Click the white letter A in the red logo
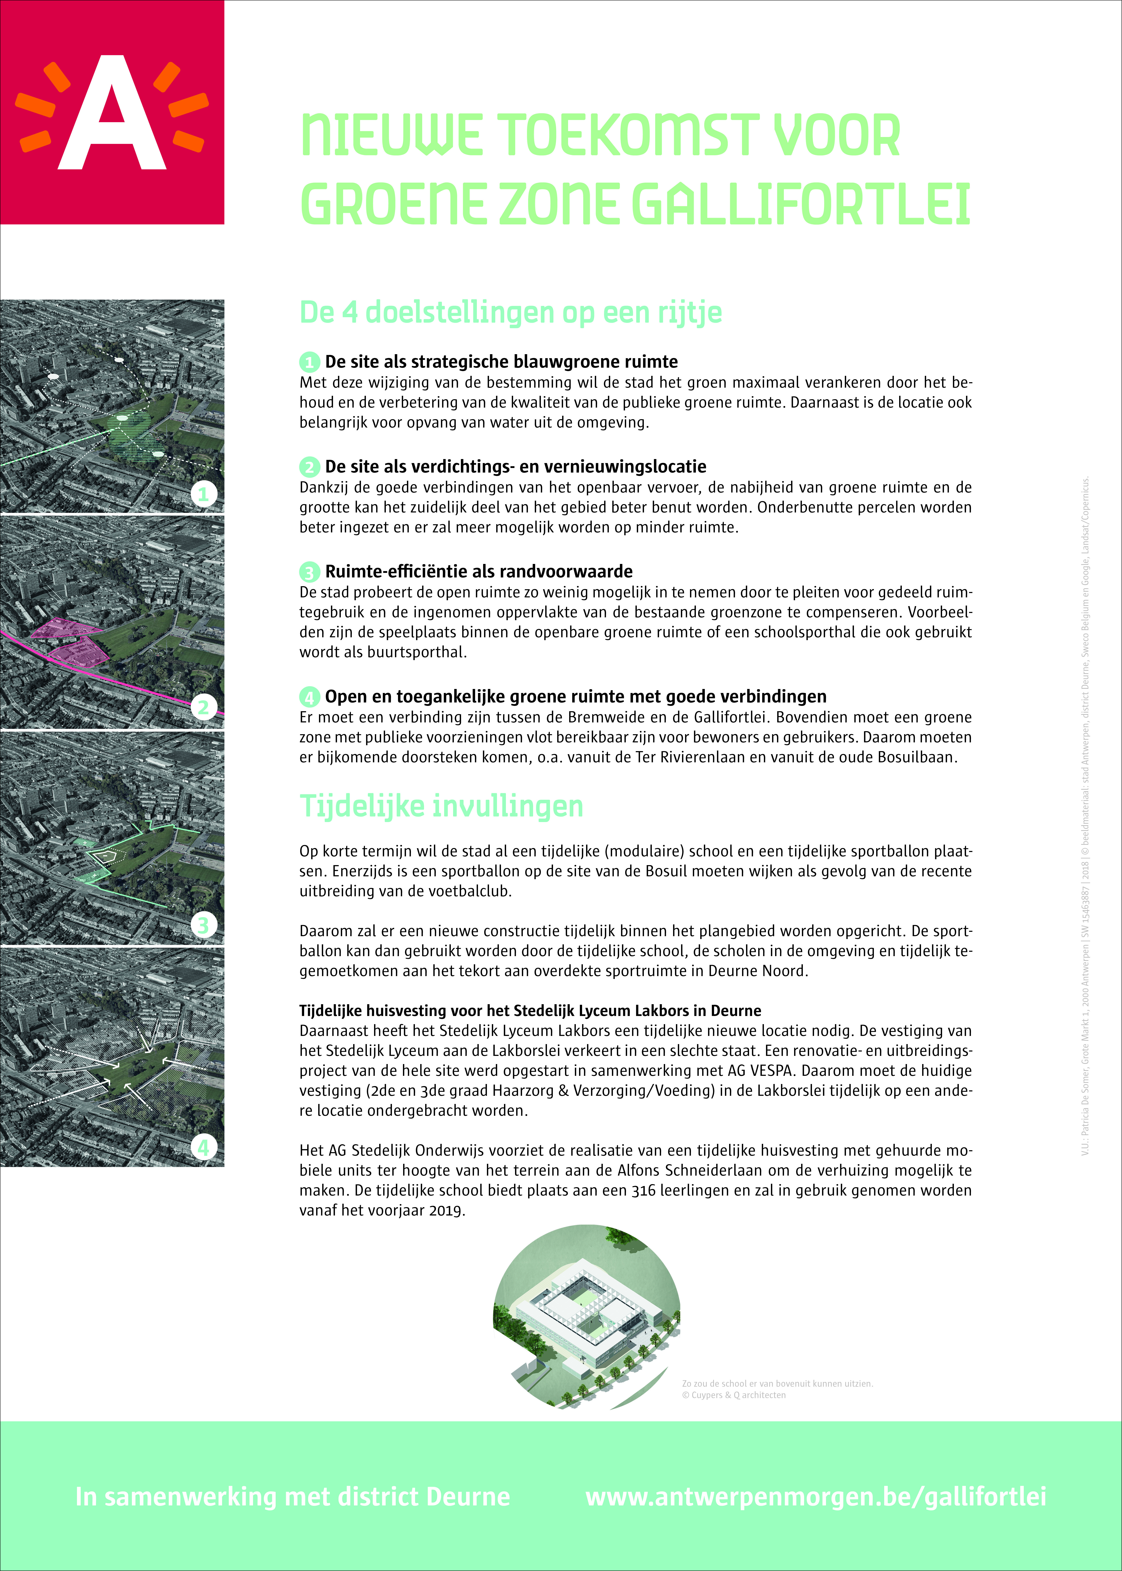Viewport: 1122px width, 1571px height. click(112, 114)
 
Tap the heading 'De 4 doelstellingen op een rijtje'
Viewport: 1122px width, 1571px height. click(511, 312)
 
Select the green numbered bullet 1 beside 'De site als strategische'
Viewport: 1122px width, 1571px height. click(309, 362)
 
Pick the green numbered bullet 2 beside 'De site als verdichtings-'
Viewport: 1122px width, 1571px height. click(309, 467)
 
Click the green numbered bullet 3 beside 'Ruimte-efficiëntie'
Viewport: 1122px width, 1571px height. click(309, 572)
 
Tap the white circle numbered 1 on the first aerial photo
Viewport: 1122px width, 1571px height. click(203, 494)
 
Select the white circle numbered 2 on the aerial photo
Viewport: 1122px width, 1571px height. click(203, 707)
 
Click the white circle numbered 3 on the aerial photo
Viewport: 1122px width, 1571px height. click(203, 924)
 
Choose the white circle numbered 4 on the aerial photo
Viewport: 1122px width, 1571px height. click(203, 1147)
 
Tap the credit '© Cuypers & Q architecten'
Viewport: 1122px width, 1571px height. click(734, 1395)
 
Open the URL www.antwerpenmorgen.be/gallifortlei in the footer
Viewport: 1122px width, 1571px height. click(816, 1496)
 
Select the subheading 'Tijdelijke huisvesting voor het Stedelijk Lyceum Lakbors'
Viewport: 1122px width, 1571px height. click(530, 1011)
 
